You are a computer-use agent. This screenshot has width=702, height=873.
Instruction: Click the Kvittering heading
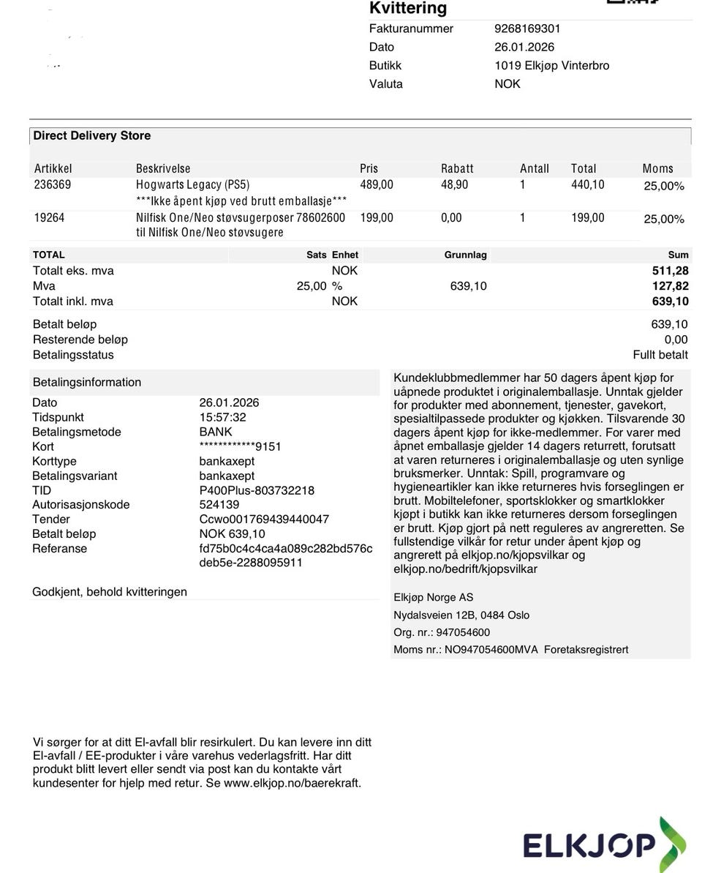pyautogui.click(x=408, y=9)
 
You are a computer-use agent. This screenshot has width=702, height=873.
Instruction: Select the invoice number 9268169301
pyautogui.click(x=527, y=29)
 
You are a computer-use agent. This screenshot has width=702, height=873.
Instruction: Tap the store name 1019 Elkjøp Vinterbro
pyautogui.click(x=551, y=65)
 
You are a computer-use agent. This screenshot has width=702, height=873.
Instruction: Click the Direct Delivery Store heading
pyautogui.click(x=91, y=135)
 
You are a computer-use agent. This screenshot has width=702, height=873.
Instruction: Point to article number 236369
pyautogui.click(x=53, y=184)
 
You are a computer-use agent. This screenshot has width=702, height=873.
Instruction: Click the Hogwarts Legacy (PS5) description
pyautogui.click(x=192, y=184)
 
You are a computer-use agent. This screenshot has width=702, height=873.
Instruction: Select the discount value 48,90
pyautogui.click(x=454, y=184)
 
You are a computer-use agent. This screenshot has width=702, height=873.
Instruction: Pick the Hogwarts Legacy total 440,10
pyautogui.click(x=587, y=184)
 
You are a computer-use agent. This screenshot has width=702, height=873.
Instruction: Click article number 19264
pyautogui.click(x=49, y=217)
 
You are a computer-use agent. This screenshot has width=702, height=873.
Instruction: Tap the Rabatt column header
pyautogui.click(x=457, y=168)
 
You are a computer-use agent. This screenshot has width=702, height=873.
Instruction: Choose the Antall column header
pyautogui.click(x=534, y=168)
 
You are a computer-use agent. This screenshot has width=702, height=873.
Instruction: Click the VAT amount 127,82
pyautogui.click(x=670, y=286)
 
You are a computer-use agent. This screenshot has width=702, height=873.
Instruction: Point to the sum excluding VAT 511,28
pyautogui.click(x=670, y=271)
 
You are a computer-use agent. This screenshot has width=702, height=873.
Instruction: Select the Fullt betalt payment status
pyautogui.click(x=660, y=355)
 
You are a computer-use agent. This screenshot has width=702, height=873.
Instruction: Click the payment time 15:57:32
pyautogui.click(x=222, y=417)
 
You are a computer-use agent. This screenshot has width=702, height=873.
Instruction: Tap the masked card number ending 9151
pyautogui.click(x=240, y=446)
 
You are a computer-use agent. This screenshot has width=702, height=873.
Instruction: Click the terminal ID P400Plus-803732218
pyautogui.click(x=257, y=490)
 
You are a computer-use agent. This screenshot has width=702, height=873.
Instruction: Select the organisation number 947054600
pyautogui.click(x=463, y=632)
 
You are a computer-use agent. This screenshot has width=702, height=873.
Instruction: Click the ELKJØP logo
pyautogui.click(x=604, y=845)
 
